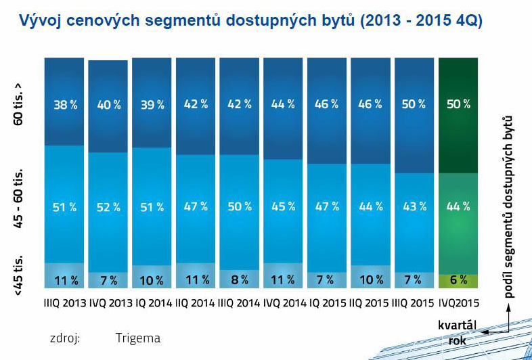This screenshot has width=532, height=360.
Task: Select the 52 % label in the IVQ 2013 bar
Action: [x=108, y=207]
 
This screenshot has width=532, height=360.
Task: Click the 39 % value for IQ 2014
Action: [x=152, y=105]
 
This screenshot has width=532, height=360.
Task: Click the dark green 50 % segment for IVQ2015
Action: [x=459, y=105]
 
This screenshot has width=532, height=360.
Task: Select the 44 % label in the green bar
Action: [x=459, y=207]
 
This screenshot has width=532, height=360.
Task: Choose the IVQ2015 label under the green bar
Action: [x=460, y=302]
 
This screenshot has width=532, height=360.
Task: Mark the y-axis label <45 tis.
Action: [x=19, y=273]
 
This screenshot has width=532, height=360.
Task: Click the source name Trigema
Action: [x=137, y=338]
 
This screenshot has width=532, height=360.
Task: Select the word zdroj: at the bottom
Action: [x=64, y=338]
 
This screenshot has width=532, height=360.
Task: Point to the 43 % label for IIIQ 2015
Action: [x=415, y=207]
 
